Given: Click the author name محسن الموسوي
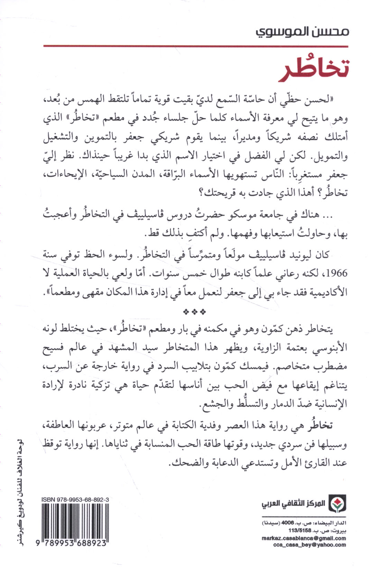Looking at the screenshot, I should [x=302, y=32].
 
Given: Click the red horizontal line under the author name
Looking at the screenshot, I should [x=196, y=46].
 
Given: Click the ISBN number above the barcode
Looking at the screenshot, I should [x=75, y=499].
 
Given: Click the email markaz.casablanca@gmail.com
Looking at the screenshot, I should [x=304, y=538].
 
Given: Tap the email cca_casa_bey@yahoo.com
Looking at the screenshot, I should [x=309, y=545].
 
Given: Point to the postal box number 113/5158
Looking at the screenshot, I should [x=300, y=530].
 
